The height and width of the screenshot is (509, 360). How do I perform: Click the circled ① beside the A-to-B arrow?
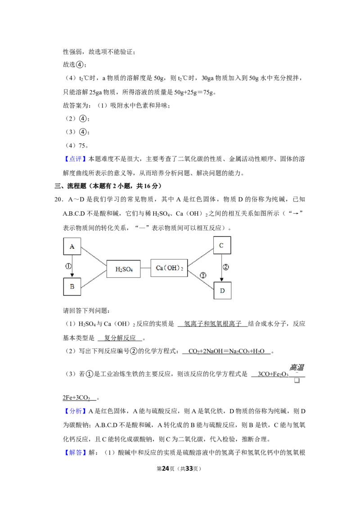click(68, 266)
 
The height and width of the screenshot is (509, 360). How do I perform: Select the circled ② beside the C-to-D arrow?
click(225, 267)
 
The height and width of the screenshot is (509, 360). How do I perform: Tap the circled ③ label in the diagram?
click(203, 275)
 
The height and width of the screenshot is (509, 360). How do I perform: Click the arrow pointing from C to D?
click(221, 268)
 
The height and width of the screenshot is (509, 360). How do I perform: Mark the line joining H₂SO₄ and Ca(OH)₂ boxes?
click(145, 268)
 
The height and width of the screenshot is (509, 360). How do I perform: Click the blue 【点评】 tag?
click(75, 159)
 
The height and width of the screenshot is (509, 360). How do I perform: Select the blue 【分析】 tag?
click(75, 411)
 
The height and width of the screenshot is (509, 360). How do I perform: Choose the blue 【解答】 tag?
click(75, 452)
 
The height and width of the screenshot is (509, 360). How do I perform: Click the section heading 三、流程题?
click(70, 186)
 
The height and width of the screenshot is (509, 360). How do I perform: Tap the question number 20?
click(59, 199)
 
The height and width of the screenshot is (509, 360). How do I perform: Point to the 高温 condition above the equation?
click(297, 367)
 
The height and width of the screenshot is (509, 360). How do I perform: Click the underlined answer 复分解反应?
click(120, 338)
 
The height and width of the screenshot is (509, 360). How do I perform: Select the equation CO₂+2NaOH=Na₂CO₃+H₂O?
click(226, 351)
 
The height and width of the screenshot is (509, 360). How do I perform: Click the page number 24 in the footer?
click(166, 469)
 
